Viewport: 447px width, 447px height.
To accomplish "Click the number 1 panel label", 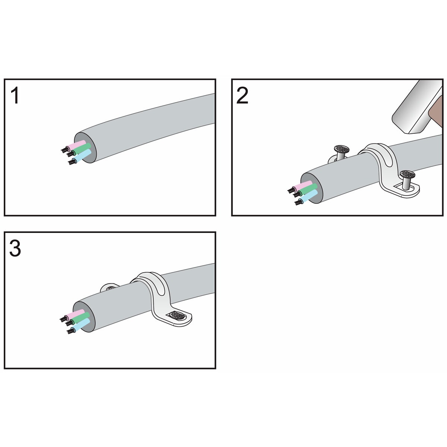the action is (15, 95).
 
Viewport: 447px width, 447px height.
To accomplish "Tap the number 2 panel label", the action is (242, 95).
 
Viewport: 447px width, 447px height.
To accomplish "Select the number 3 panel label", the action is (15, 248).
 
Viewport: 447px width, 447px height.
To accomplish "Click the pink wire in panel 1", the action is (76, 145).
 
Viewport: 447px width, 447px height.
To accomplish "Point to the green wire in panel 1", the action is (81, 149).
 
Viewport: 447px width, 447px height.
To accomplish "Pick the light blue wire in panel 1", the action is (82, 156).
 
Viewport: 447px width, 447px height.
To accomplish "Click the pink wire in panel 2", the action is (302, 186).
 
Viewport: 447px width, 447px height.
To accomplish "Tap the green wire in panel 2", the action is (308, 190).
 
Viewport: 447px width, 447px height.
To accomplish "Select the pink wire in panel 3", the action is (75, 314).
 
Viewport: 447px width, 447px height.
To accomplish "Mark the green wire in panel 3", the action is (80, 318).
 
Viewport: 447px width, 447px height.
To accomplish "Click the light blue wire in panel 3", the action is (80, 325).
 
